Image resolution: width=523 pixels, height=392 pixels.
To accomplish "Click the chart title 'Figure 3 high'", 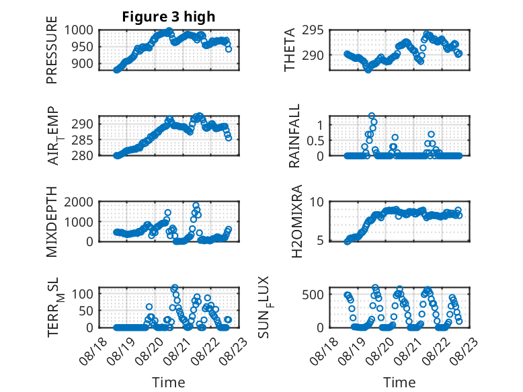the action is [169, 17].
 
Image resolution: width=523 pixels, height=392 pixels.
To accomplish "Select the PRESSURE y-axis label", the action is [52, 50].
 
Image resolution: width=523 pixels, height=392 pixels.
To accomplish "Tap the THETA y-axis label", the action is [290, 50].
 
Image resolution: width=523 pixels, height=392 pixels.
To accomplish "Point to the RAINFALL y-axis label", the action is [294, 136].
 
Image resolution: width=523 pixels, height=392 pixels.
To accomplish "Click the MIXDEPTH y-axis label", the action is [52, 222].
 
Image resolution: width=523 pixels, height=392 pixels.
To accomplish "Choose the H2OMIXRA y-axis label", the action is [296, 221].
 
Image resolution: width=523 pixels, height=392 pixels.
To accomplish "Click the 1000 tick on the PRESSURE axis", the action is [79, 30].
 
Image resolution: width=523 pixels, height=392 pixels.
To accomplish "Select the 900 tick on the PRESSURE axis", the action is [83, 63].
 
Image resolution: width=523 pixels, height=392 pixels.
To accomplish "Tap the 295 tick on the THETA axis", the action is [313, 30].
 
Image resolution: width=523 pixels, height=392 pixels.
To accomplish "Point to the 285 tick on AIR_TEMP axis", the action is [83, 140].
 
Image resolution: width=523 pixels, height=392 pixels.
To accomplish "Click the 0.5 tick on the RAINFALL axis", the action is [315, 141].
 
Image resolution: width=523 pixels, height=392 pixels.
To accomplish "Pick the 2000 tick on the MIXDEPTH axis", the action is [79, 202].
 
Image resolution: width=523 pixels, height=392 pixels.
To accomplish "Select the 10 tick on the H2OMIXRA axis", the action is [317, 202].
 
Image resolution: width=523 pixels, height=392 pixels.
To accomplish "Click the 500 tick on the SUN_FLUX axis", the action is [313, 295].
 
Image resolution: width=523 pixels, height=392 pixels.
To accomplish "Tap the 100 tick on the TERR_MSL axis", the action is [83, 294].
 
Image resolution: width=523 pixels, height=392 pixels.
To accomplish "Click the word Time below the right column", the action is [399, 383].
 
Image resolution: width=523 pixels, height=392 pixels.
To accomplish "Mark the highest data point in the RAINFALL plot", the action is [372, 116].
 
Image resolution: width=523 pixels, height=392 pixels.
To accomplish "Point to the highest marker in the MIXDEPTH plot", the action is [196, 206].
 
